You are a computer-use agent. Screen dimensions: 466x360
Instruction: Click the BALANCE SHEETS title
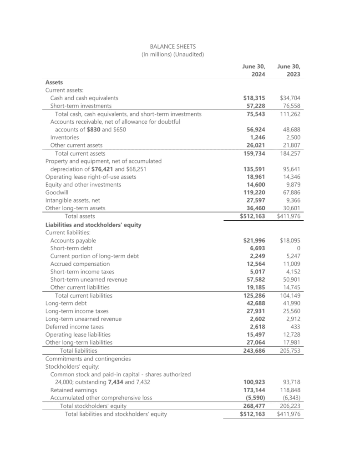172,46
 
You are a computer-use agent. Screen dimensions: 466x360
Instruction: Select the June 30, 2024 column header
254,70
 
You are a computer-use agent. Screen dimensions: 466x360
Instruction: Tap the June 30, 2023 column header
290,70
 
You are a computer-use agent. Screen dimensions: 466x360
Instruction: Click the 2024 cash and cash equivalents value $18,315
254,98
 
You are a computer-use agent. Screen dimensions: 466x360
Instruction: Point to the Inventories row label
65,137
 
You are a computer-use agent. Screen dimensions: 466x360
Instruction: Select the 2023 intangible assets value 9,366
293,200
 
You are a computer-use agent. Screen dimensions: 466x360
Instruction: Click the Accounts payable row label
73,240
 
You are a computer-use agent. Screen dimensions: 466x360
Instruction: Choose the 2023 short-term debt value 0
299,248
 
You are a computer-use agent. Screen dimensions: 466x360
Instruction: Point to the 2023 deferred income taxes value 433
295,327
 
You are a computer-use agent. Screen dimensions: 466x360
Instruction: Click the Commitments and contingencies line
88,359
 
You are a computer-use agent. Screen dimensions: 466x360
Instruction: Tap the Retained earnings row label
73,390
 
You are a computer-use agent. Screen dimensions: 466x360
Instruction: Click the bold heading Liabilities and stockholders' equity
93,224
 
